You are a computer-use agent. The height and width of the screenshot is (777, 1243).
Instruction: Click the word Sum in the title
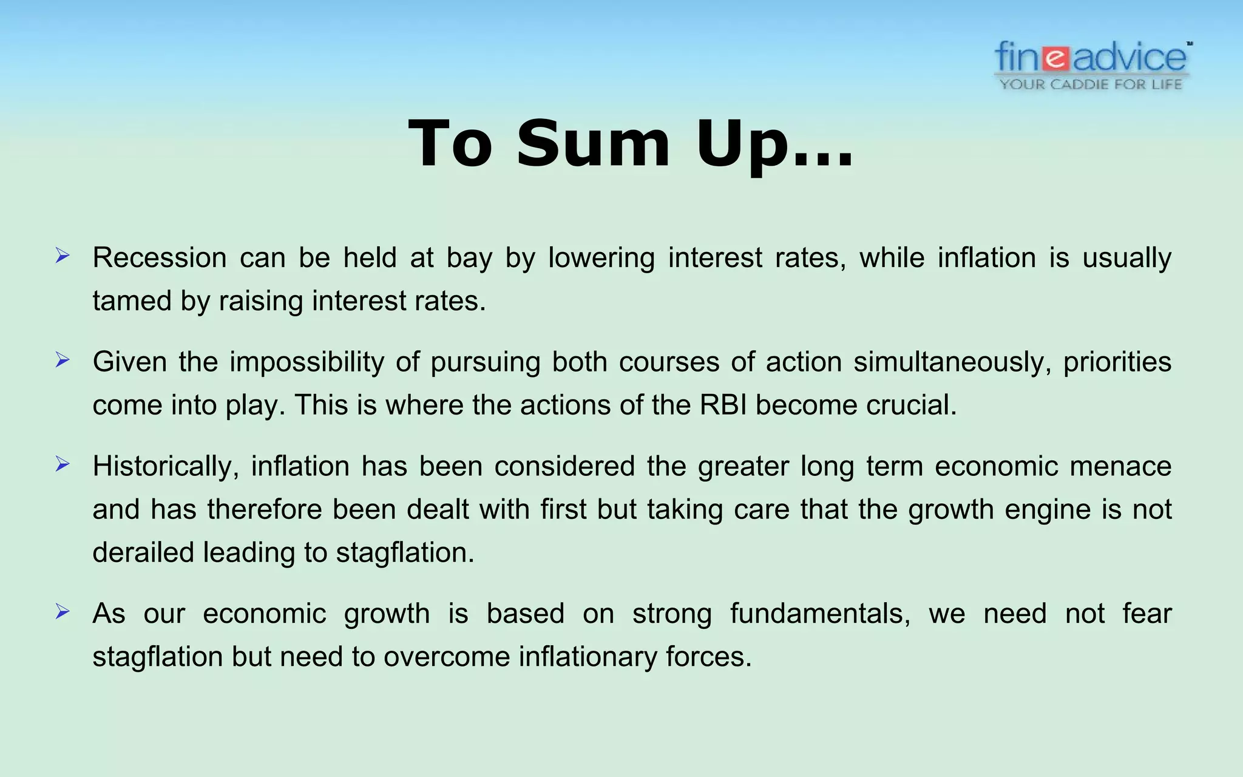593,144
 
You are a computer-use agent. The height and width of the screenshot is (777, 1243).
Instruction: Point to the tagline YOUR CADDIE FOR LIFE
1091,84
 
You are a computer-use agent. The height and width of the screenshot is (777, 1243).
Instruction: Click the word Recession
160,258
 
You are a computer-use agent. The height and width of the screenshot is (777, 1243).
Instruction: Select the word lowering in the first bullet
601,258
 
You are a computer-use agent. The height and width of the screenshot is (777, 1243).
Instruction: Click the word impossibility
307,362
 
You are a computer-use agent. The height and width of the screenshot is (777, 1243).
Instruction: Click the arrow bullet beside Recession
63,256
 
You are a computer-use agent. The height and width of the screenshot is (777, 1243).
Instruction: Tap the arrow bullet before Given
63,361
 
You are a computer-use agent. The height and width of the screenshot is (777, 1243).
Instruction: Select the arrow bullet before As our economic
63,612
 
